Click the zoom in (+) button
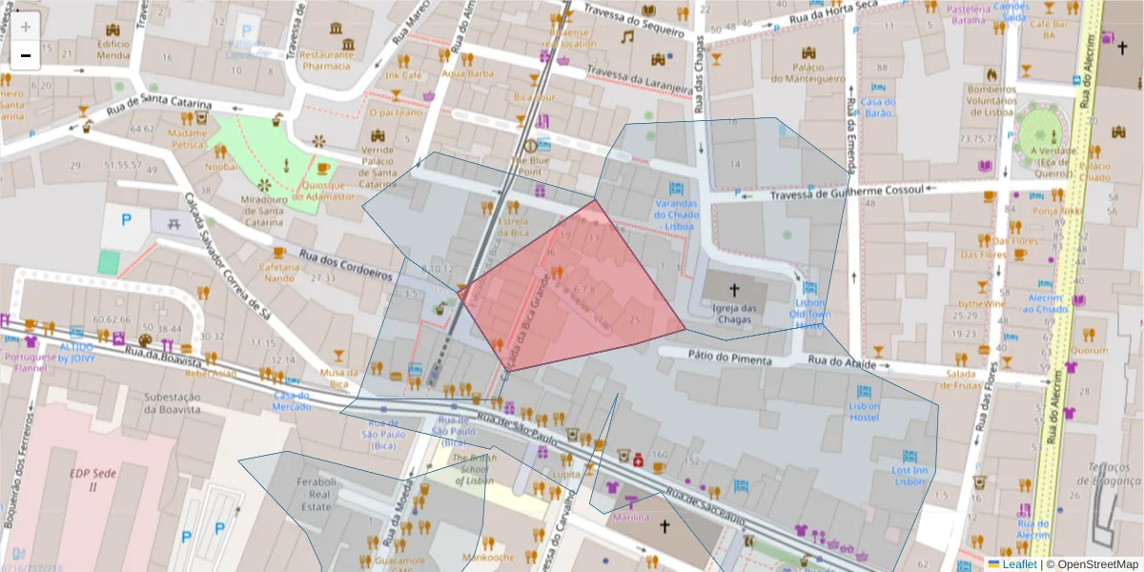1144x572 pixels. (25, 27)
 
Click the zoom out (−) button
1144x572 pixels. (25, 55)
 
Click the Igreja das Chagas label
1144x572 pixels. (735, 314)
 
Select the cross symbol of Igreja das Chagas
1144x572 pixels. (734, 289)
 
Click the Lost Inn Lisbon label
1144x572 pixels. (909, 476)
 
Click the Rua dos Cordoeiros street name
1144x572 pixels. (346, 266)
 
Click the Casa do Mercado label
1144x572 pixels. (292, 400)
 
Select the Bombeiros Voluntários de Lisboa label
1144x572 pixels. (991, 100)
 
